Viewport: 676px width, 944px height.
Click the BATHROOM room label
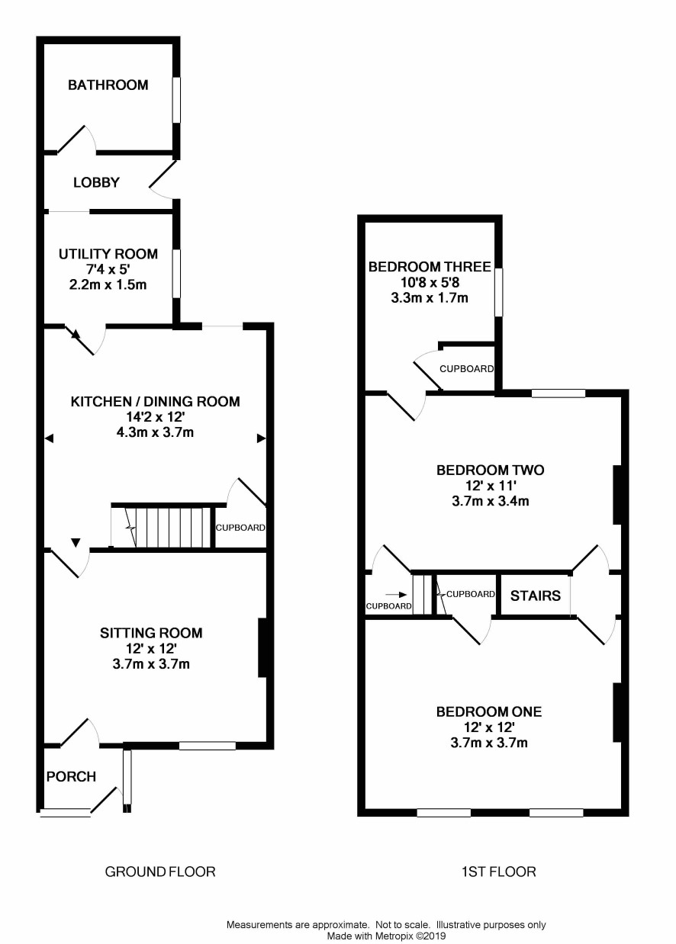coord(108,85)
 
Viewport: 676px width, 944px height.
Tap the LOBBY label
coord(97,182)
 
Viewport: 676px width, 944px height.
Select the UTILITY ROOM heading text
coord(108,254)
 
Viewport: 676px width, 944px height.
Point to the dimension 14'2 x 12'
coord(155,417)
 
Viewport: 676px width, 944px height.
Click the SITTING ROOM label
coord(151,633)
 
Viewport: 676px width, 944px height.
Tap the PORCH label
coord(71,776)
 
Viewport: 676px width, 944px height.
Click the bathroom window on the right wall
coord(175,100)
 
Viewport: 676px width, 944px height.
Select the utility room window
coord(175,274)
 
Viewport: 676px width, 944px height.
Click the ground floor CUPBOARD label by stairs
coord(240,528)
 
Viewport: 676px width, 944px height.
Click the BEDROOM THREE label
coord(430,267)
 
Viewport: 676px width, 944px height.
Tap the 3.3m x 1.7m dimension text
coord(430,298)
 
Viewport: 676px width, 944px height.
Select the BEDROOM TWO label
coord(491,470)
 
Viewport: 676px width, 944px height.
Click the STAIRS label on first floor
coord(536,596)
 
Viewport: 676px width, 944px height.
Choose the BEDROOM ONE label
coord(489,711)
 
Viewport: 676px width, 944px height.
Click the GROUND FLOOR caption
coord(160,872)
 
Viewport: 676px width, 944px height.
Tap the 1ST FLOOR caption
coord(499,872)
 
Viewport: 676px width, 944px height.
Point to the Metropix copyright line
coord(387,936)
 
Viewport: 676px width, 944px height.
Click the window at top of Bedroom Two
coord(559,393)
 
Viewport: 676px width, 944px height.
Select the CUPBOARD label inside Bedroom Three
coord(466,369)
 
